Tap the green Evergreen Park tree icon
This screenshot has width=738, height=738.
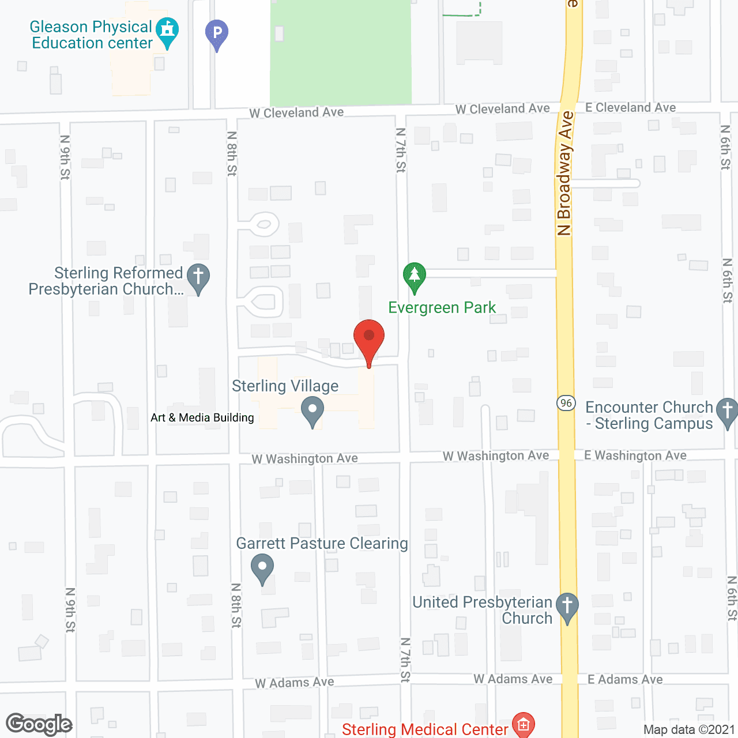(x=414, y=277)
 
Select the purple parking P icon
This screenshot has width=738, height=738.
(x=217, y=33)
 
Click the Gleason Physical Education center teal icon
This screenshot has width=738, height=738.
(x=167, y=31)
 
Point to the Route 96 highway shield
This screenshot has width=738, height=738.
(x=566, y=403)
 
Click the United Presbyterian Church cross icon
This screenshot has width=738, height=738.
(x=567, y=607)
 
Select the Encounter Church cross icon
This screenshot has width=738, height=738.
(x=727, y=412)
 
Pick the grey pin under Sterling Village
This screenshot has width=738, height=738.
(x=312, y=411)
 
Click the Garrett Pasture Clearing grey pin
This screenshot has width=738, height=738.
(x=262, y=567)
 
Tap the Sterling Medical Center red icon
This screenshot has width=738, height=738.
(x=524, y=725)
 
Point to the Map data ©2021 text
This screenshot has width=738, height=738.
(x=689, y=729)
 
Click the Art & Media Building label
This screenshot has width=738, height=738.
(x=202, y=417)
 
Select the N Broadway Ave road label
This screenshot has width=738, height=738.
(x=565, y=173)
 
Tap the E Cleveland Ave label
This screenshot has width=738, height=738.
(x=630, y=108)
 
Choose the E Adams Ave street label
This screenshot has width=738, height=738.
(x=625, y=680)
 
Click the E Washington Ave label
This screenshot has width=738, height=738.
(x=635, y=455)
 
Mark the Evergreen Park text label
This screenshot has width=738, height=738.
(x=442, y=308)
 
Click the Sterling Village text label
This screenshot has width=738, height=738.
(x=285, y=386)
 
